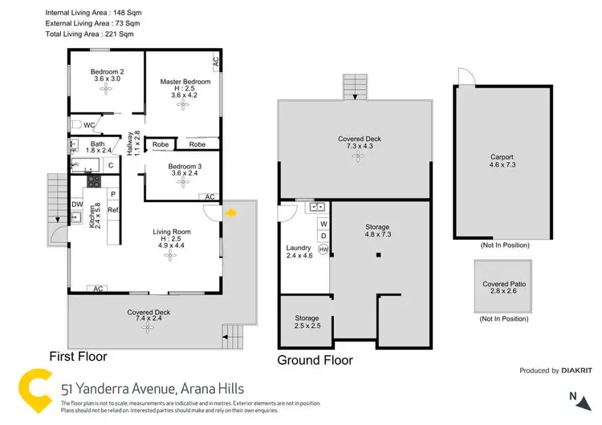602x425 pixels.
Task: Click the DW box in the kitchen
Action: (76, 204)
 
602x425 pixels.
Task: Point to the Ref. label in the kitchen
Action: (113, 211)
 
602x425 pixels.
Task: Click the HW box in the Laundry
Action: (323, 250)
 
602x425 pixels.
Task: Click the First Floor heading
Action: (78, 356)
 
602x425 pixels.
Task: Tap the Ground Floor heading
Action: (315, 360)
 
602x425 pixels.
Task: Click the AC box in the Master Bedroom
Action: (215, 61)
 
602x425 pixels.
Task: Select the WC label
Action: (90, 126)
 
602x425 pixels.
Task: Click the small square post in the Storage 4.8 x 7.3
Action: (378, 256)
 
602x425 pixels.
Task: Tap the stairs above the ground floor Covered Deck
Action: (354, 87)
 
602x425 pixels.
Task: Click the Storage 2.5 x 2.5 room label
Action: (306, 322)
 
